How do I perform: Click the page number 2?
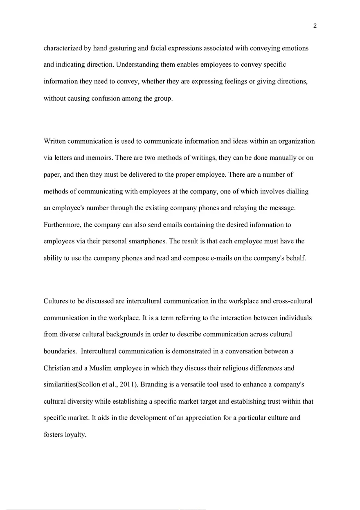click(315, 26)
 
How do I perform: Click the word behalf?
click(296, 258)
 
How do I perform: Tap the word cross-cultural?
click(292, 301)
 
